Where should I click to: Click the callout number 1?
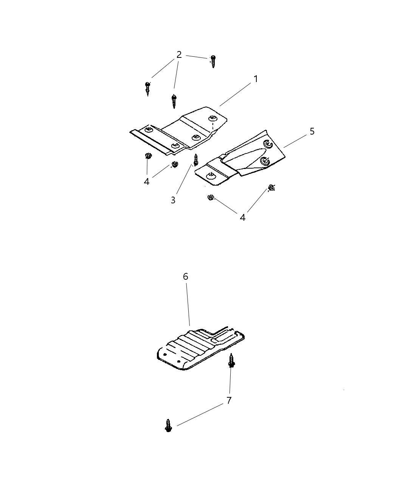coord(256,79)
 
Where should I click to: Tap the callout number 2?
coord(179,55)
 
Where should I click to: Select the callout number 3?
coord(173,200)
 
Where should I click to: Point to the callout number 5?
coord(312,131)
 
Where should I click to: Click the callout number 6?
coord(186,277)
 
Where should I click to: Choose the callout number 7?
coord(229,400)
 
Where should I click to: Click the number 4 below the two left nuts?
coord(147,182)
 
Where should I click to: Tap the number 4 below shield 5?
coord(242,217)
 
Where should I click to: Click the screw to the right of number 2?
coord(213,61)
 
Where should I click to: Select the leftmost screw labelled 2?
coord(148,89)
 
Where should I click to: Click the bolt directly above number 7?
coord(231,361)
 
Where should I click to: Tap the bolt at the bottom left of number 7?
coord(168,426)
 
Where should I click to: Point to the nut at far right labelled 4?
coord(271,188)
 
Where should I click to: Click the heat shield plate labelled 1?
coord(178,131)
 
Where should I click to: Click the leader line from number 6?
coord(188,304)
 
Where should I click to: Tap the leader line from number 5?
coord(295,141)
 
